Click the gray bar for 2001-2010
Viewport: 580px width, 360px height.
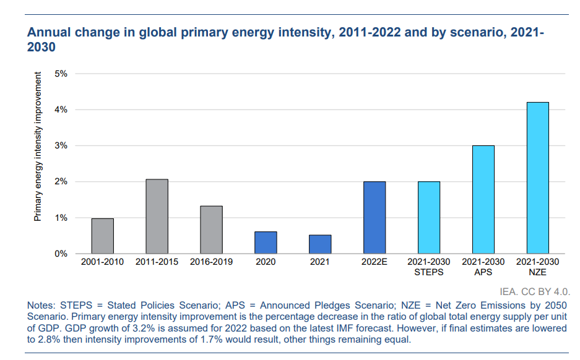click(x=102, y=236)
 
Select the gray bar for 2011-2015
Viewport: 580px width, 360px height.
click(x=157, y=216)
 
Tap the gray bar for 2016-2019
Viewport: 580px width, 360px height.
click(x=211, y=229)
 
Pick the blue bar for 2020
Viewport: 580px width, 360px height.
click(x=266, y=242)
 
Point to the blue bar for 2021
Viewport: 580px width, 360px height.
click(x=320, y=244)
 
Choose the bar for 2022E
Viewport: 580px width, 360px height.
click(x=374, y=218)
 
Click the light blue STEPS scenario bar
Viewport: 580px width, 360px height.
click(x=429, y=218)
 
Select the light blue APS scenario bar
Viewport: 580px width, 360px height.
click(x=483, y=200)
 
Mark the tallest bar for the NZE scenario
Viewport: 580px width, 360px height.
click(x=537, y=178)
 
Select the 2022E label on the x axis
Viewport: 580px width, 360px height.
click(x=374, y=262)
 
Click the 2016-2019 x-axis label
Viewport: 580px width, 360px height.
click(x=211, y=262)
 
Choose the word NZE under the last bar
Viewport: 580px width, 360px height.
click(x=538, y=272)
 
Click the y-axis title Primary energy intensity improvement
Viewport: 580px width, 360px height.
click(x=38, y=147)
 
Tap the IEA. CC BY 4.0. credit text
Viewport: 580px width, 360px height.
click(x=534, y=290)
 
